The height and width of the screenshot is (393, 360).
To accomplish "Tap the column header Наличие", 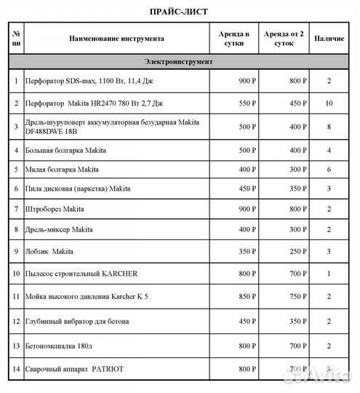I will tap(329, 39).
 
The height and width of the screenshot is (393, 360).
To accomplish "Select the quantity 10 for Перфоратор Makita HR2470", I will tap(329, 103).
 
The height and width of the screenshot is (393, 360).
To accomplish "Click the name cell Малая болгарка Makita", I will tap(63, 170).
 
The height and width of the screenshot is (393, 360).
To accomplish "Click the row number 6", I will tap(16, 189).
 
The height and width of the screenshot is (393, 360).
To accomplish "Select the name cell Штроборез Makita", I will tap(55, 210).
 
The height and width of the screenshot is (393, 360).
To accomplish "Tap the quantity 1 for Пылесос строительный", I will tap(329, 274).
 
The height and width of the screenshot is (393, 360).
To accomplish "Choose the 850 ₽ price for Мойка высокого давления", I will tap(247, 297).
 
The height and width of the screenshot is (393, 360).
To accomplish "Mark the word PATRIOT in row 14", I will tap(108, 370).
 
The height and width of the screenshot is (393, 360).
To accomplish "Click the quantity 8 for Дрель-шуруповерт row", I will tap(329, 127).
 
